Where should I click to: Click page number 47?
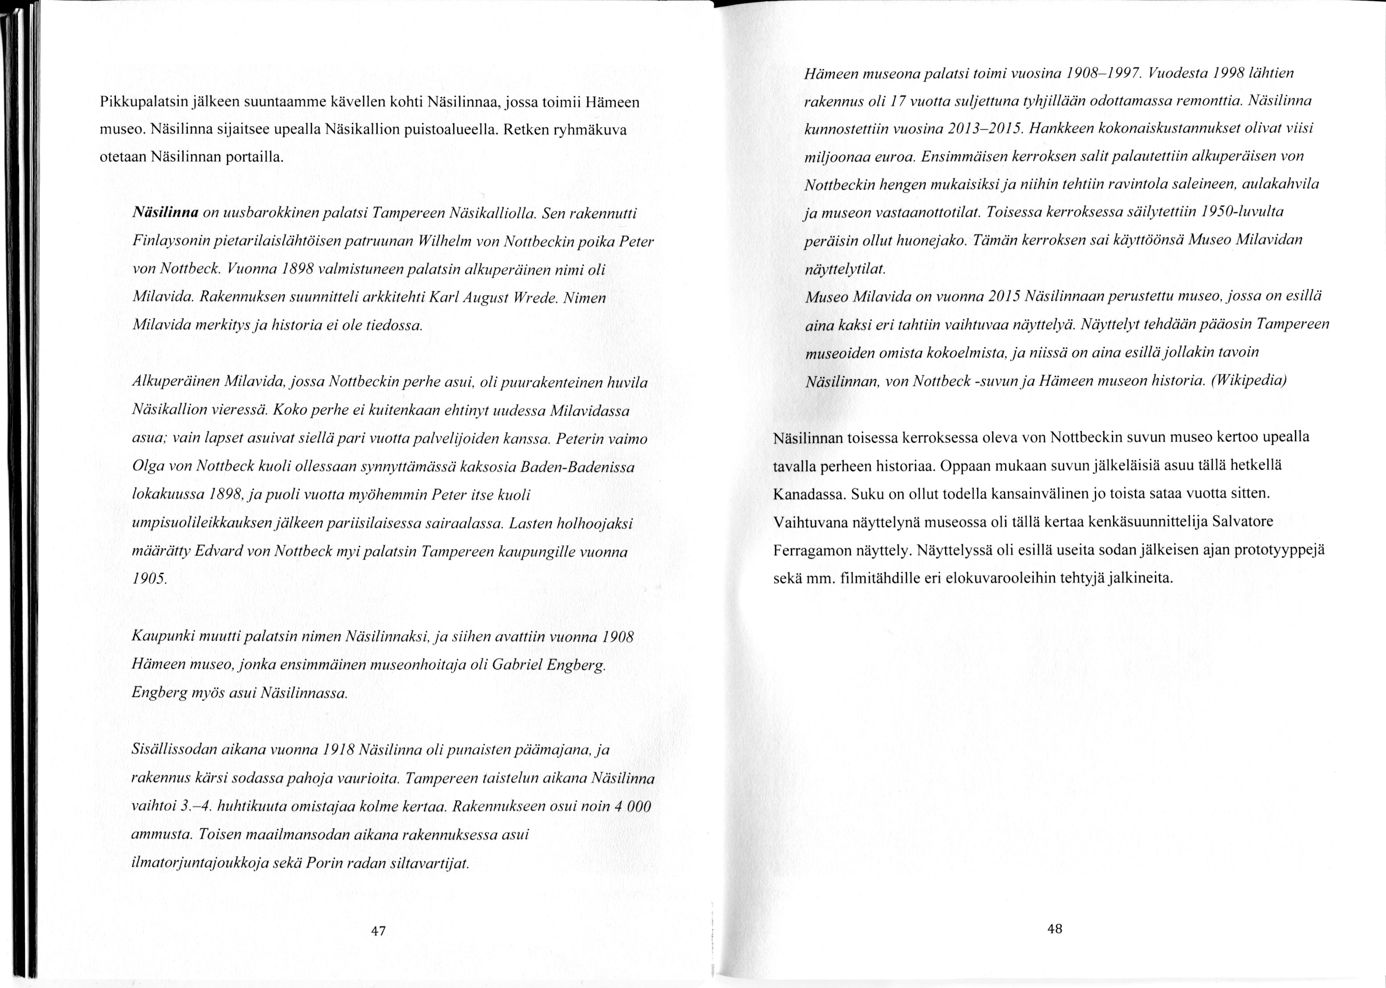click(x=378, y=931)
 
